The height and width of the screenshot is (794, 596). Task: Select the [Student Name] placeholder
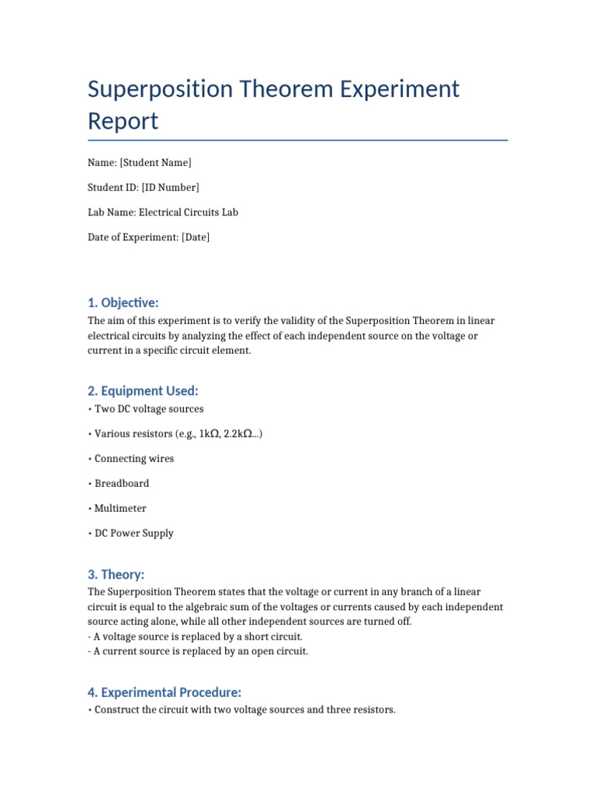[155, 163]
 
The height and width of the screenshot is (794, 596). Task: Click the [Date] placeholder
[196, 237]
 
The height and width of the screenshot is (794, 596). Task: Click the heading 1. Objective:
[123, 302]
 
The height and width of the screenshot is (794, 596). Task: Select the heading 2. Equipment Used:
[143, 391]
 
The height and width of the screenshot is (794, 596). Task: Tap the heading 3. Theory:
[116, 575]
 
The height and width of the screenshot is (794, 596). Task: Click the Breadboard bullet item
[122, 484]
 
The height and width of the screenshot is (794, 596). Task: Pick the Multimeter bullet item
[120, 509]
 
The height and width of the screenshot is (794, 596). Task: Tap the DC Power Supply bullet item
[134, 533]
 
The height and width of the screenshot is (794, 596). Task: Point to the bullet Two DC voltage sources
[149, 409]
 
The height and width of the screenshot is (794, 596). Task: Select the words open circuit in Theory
[279, 651]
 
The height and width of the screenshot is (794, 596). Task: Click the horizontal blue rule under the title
[298, 140]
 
